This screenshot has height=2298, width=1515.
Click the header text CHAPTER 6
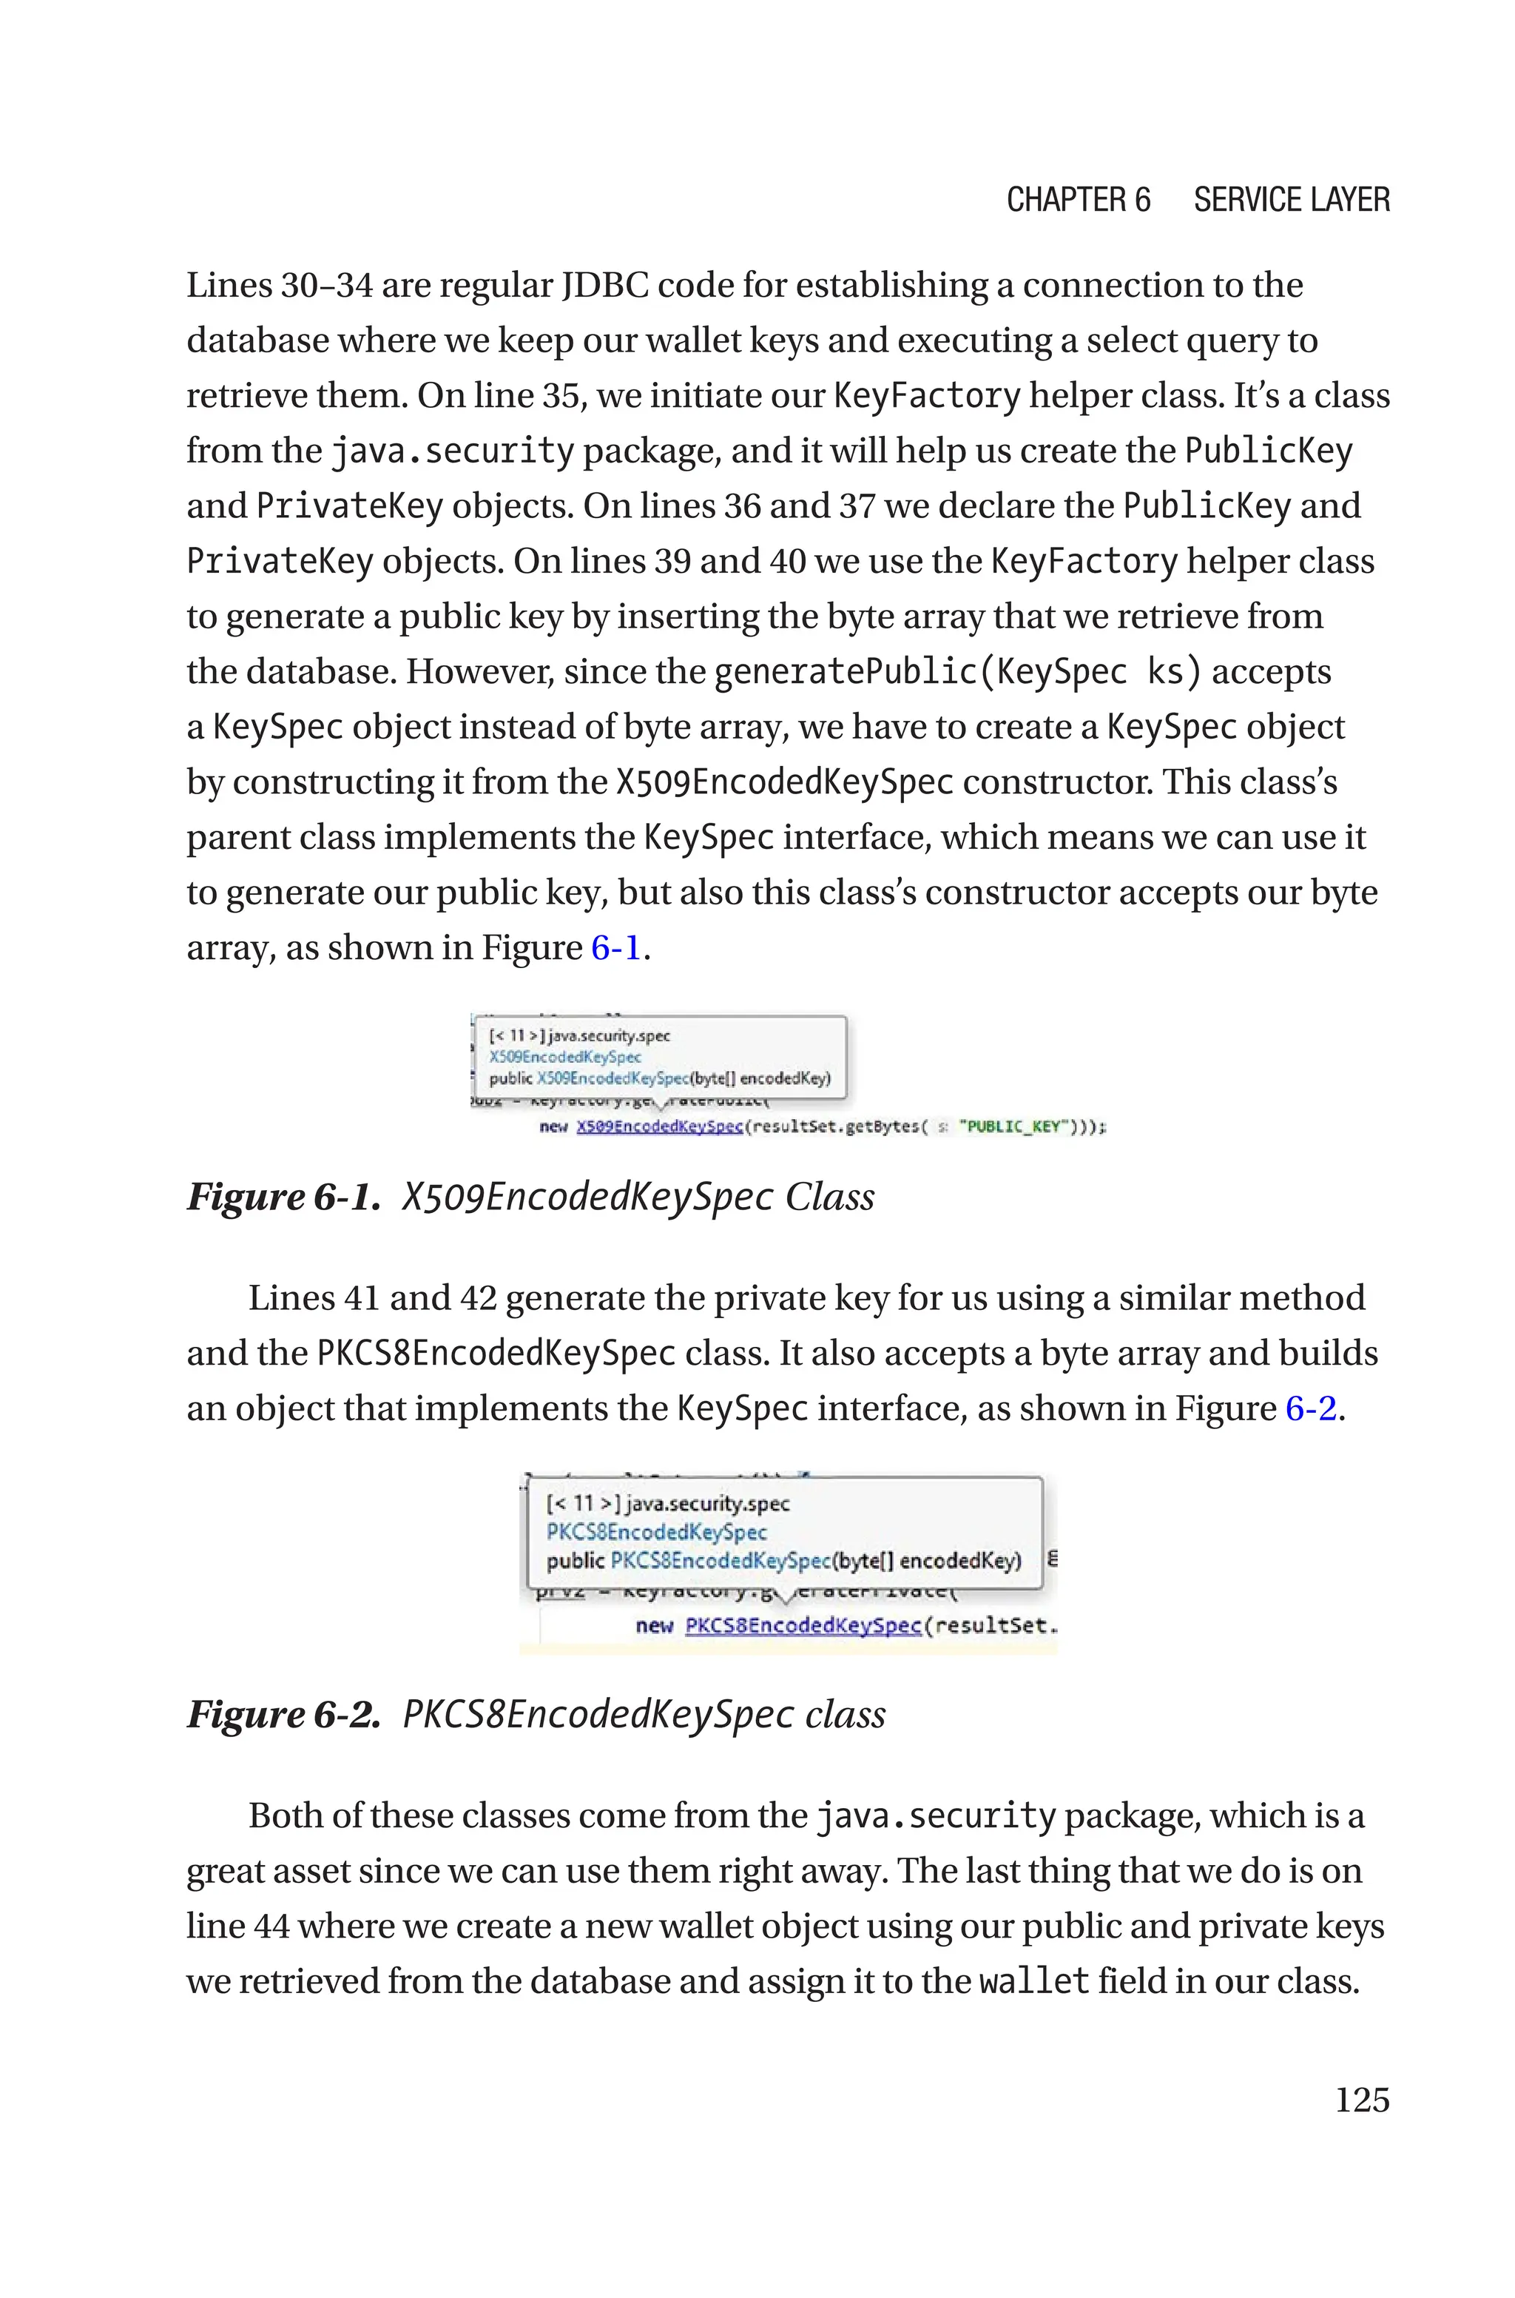pos(1079,200)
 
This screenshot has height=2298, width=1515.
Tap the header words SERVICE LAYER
pos(1291,200)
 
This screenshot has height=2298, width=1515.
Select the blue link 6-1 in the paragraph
pos(616,947)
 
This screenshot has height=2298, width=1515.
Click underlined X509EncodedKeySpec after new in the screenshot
pos(660,1126)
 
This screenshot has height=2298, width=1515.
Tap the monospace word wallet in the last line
pos(1034,1981)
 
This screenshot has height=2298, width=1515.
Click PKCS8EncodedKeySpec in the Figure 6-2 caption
pos(594,1714)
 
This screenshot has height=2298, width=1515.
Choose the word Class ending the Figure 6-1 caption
pos(829,1196)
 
